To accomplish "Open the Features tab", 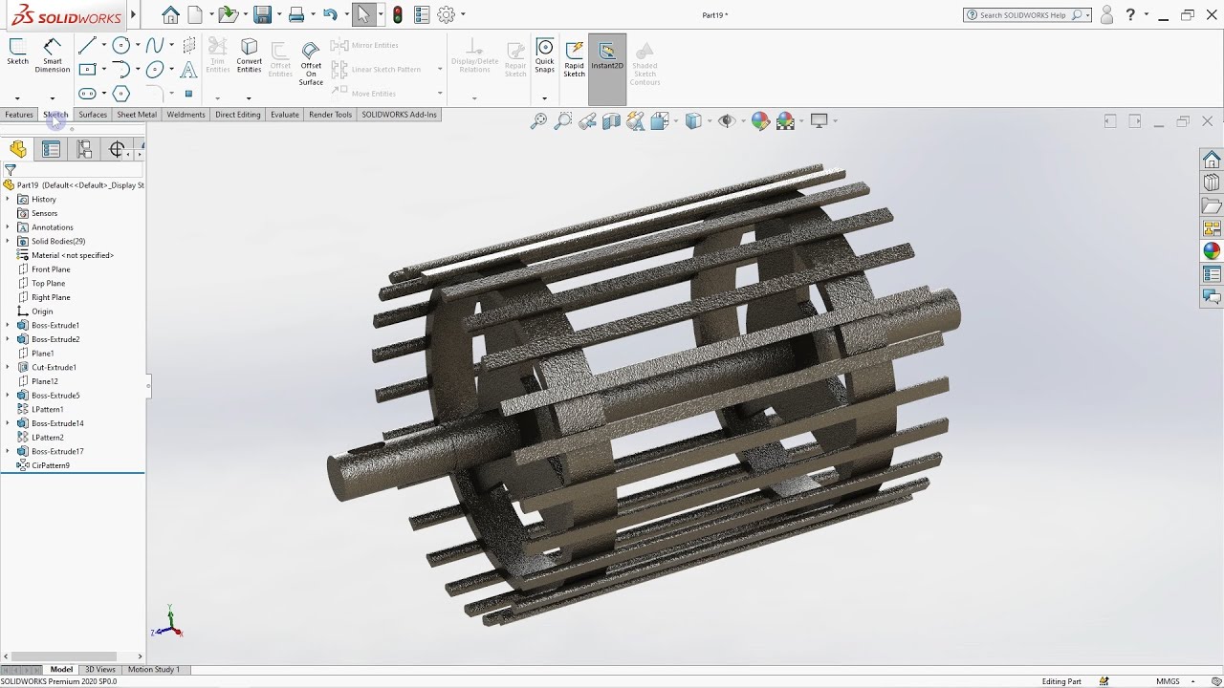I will (19, 115).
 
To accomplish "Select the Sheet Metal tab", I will (136, 115).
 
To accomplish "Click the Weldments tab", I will (186, 115).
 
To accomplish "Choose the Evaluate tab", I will (284, 115).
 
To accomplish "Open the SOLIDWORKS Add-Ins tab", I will (399, 115).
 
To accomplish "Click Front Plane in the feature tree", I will (51, 269).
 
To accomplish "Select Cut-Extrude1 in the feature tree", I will (54, 367).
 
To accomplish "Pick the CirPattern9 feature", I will (50, 465).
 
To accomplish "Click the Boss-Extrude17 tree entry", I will (57, 451).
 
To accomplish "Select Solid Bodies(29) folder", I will (57, 242).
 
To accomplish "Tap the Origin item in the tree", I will (42, 312).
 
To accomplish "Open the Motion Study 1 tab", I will (153, 670).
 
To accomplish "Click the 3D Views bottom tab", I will (99, 670).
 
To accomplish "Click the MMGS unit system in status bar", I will (1168, 681).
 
